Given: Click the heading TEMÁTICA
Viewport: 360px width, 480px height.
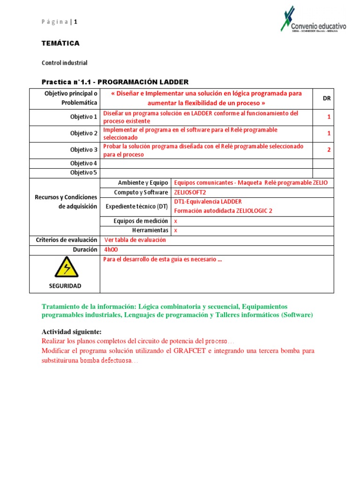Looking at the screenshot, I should pos(60,43).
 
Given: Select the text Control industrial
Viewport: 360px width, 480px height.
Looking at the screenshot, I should pos(64,63).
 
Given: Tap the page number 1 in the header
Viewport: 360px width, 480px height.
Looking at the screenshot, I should pos(75,22).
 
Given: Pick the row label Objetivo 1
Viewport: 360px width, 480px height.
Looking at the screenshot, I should pos(84,117).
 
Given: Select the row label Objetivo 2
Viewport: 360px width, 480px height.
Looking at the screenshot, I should pos(84,133).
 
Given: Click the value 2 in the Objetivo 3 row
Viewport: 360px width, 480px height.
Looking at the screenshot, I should pos(329,150).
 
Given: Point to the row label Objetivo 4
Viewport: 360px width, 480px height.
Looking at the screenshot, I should pos(84,164).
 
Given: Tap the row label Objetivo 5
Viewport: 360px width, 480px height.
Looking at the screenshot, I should pos(84,172).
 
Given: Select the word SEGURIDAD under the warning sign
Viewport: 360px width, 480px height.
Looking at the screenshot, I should pos(65,286).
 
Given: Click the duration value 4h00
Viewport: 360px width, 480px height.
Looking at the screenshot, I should pos(112,250).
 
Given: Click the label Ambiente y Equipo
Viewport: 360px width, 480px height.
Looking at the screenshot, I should pos(143,183).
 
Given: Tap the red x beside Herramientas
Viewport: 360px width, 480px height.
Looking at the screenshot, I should pos(176,231).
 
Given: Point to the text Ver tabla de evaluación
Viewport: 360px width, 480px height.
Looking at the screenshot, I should pos(135,240).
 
